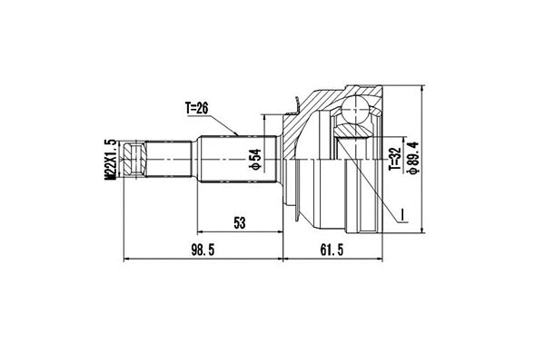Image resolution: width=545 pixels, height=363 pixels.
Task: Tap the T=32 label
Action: click(393, 156)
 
